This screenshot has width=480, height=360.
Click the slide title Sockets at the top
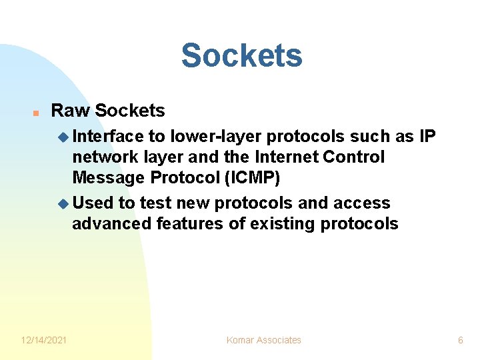point(241,55)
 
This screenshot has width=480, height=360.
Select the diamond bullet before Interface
point(63,137)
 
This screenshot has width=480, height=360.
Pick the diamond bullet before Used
point(63,203)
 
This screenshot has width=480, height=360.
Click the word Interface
point(107,137)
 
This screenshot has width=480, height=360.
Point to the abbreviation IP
point(427,137)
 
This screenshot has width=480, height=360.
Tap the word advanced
point(111,224)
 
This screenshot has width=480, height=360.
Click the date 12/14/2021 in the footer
point(44,340)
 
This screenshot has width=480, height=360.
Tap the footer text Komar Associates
point(264,340)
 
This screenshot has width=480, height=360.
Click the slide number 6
point(460,340)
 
